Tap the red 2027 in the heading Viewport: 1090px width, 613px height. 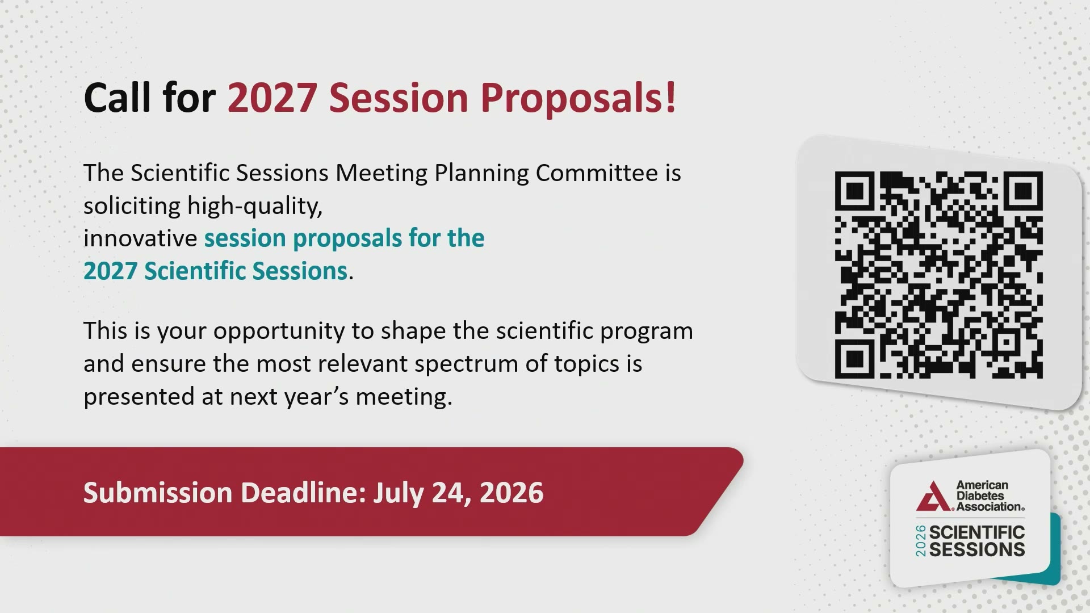pos(272,98)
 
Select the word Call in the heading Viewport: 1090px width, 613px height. pos(118,98)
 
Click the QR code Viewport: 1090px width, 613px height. pos(938,275)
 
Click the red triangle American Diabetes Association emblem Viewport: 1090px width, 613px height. pos(933,496)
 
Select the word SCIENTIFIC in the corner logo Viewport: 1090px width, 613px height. pos(977,532)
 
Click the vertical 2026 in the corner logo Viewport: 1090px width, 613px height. pos(921,541)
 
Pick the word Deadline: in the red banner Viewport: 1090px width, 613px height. pos(304,492)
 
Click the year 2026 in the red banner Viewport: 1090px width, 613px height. pos(512,492)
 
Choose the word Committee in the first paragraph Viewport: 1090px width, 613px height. pos(597,173)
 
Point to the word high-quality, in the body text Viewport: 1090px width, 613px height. pos(255,206)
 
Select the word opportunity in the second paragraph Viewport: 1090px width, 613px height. pos(279,331)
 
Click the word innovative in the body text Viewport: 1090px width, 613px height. pos(140,238)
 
